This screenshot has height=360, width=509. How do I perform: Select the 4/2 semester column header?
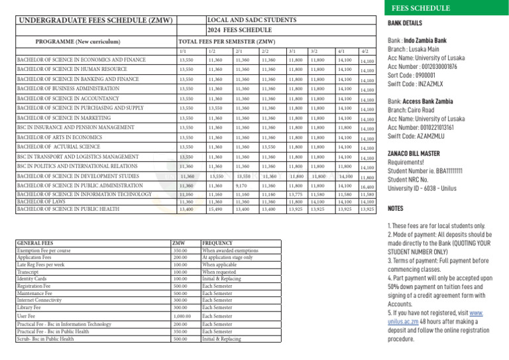pyautogui.click(x=364, y=51)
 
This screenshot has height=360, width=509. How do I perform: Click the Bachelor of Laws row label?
pyautogui.click(x=40, y=201)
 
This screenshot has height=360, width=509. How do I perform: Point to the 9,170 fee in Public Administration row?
pyautogui.click(x=241, y=187)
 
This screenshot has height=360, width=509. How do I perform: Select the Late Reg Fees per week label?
pyautogui.click(x=42, y=265)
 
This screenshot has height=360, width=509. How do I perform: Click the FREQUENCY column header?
pyautogui.click(x=217, y=243)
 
